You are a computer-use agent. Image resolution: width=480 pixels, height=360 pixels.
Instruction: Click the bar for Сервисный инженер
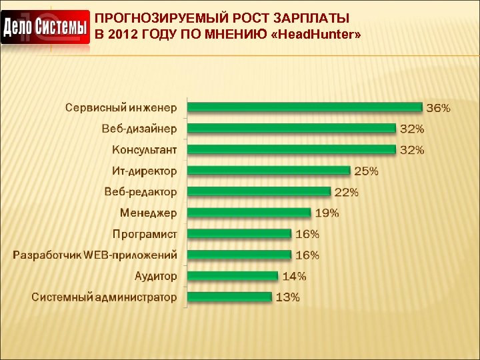pyautogui.click(x=305, y=107)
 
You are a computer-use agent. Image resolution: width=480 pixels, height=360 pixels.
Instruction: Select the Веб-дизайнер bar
pyautogui.click(x=291, y=128)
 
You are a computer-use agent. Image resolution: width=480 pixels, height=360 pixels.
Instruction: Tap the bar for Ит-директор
pyautogui.click(x=269, y=171)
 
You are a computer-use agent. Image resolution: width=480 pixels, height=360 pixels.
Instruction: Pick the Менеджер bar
pyautogui.click(x=249, y=213)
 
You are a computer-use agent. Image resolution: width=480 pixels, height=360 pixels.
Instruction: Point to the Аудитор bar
pyautogui.click(x=232, y=275)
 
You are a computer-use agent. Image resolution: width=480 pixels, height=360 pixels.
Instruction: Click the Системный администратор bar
pyautogui.click(x=229, y=297)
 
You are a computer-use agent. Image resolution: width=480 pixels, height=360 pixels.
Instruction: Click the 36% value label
pyautogui.click(x=438, y=107)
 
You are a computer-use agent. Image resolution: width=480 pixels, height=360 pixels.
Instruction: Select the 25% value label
pyautogui.click(x=366, y=171)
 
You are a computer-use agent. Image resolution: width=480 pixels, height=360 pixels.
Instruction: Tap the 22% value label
pyautogui.click(x=346, y=192)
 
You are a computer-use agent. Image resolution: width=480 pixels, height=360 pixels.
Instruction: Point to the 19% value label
pyautogui.click(x=327, y=213)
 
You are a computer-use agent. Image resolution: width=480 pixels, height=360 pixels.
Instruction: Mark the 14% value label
pyautogui.click(x=294, y=276)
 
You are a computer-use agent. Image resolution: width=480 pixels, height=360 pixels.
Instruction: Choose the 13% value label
pyautogui.click(x=287, y=297)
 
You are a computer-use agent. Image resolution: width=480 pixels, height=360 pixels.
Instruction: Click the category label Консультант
pyautogui.click(x=145, y=149)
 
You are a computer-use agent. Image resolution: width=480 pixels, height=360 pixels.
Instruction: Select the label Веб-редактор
pyautogui.click(x=141, y=191)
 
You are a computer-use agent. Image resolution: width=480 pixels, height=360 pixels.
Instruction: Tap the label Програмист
pyautogui.click(x=145, y=234)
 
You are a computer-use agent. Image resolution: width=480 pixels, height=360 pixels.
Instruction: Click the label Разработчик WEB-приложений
pyautogui.click(x=95, y=255)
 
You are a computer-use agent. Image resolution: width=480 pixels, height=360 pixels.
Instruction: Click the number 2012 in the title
pyautogui.click(x=121, y=34)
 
